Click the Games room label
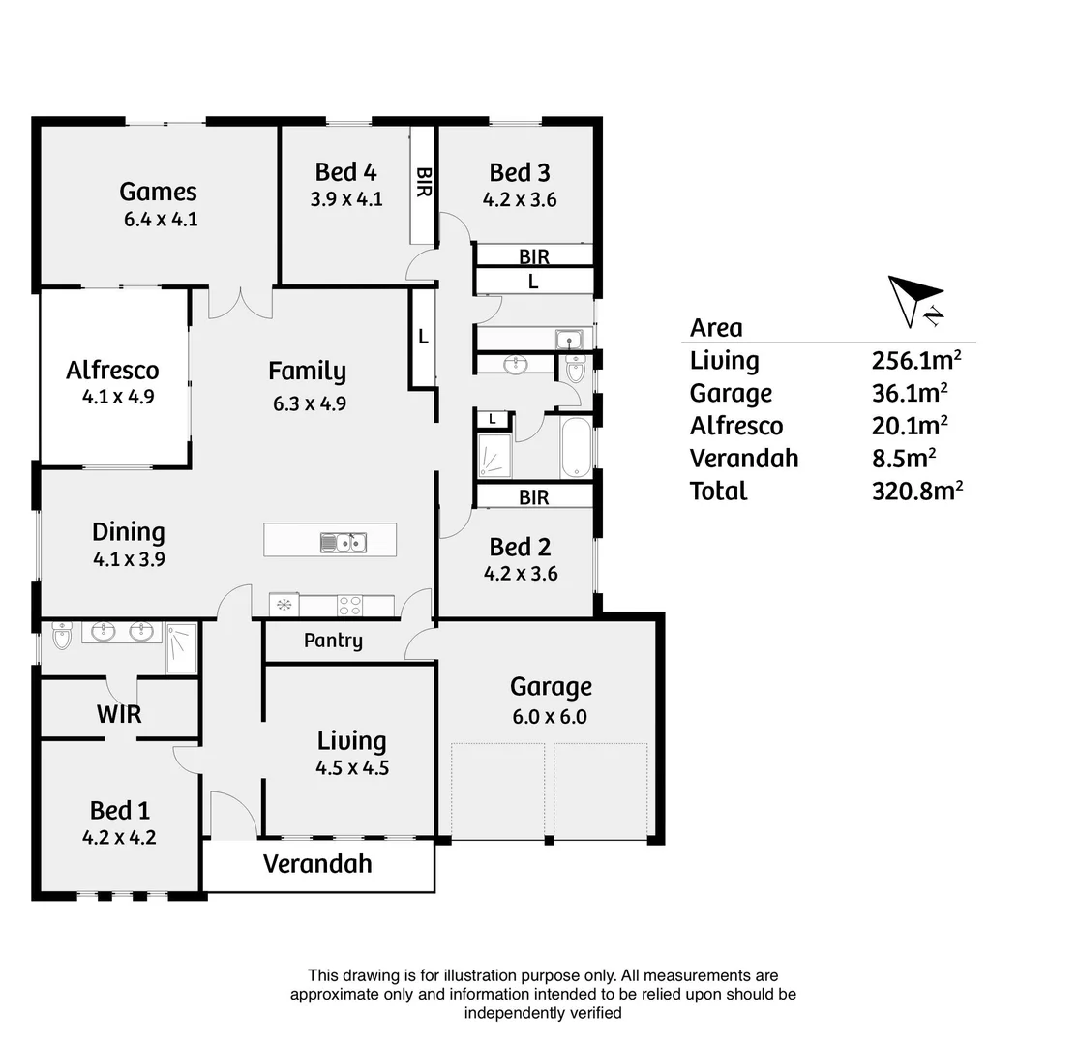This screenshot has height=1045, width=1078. (x=158, y=192)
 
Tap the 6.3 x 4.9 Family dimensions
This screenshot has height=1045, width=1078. (x=309, y=403)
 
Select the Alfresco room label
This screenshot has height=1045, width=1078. (x=112, y=370)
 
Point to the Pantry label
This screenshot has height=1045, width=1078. (x=333, y=641)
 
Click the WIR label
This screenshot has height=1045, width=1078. (x=119, y=714)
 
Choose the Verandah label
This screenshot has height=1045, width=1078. (x=317, y=863)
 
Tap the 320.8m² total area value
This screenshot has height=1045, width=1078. (x=916, y=491)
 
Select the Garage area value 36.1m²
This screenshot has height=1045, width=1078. (x=909, y=393)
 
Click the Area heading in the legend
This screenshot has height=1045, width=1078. (x=716, y=327)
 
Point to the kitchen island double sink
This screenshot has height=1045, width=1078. (x=344, y=543)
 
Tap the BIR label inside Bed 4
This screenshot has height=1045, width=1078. (x=423, y=183)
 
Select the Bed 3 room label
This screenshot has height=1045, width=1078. (x=520, y=172)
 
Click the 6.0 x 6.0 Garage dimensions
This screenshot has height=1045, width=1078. (x=551, y=717)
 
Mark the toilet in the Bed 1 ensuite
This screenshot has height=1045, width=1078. (x=62, y=636)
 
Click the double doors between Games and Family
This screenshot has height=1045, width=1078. (x=241, y=302)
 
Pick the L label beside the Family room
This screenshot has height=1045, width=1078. (x=423, y=337)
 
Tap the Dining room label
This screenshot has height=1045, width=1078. (x=128, y=531)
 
